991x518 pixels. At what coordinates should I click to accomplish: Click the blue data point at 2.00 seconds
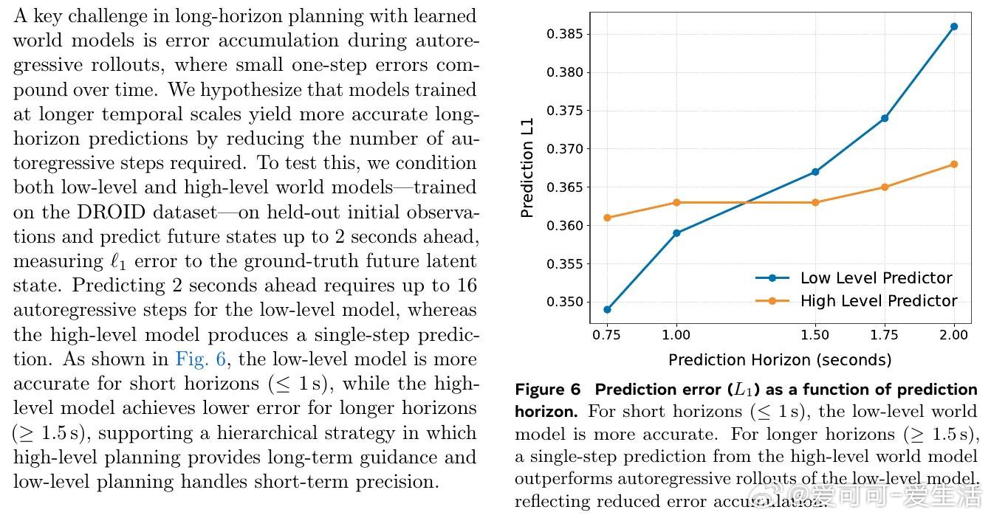tap(953, 27)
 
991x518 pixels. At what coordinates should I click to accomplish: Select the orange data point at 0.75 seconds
tap(607, 218)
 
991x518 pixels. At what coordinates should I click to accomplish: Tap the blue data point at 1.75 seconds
tap(884, 118)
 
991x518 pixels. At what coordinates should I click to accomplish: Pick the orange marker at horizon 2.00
tap(953, 164)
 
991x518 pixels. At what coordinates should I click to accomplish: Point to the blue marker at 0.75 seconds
tap(607, 309)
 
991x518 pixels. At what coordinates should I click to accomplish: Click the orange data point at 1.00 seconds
tap(676, 202)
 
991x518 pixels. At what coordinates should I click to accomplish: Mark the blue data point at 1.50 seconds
tap(815, 172)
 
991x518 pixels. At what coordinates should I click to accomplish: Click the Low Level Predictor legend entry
tap(876, 278)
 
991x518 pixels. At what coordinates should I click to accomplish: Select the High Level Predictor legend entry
tap(878, 301)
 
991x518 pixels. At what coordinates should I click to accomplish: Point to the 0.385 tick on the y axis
tap(565, 34)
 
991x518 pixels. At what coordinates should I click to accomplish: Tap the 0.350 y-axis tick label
tap(565, 302)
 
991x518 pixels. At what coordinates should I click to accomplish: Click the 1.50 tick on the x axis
tap(815, 335)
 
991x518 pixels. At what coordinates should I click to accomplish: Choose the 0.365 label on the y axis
tap(565, 187)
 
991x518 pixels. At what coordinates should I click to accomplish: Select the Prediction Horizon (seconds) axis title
tap(779, 360)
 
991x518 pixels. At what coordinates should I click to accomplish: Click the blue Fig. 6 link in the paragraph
tap(202, 359)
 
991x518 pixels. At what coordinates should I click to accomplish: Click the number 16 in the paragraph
tap(467, 286)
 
